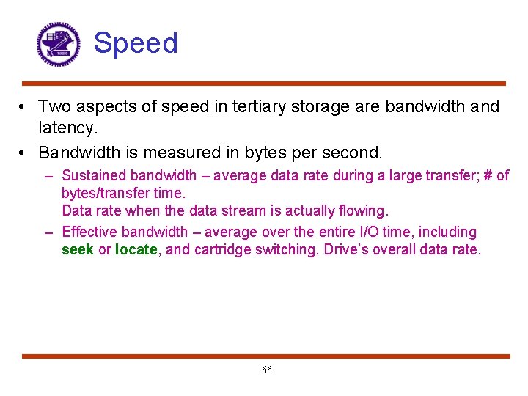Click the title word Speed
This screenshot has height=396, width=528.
tap(136, 43)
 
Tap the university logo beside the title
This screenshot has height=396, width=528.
tap(58, 44)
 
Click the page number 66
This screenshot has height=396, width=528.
tap(266, 370)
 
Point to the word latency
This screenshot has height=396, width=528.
tap(67, 129)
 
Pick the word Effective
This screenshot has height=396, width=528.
tap(89, 232)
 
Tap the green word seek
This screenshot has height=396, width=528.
tap(77, 249)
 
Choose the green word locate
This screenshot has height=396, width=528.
tap(136, 249)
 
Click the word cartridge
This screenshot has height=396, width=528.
tap(222, 249)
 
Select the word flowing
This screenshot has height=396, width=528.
tap(360, 211)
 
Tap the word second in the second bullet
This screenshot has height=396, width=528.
tap(354, 153)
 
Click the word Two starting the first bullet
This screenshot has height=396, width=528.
tap(54, 107)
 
